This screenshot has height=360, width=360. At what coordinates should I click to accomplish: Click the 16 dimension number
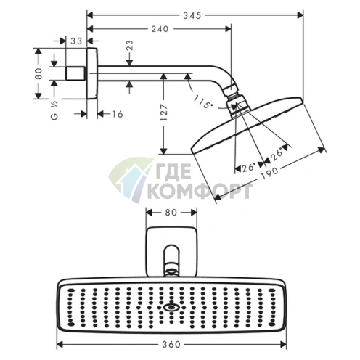pos(117,114)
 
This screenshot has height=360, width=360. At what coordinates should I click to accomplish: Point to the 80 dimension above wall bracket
pos(171,213)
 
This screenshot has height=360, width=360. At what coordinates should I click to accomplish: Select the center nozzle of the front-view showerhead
pos(171,307)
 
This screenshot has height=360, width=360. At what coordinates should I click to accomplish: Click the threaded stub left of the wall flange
pos(75,74)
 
